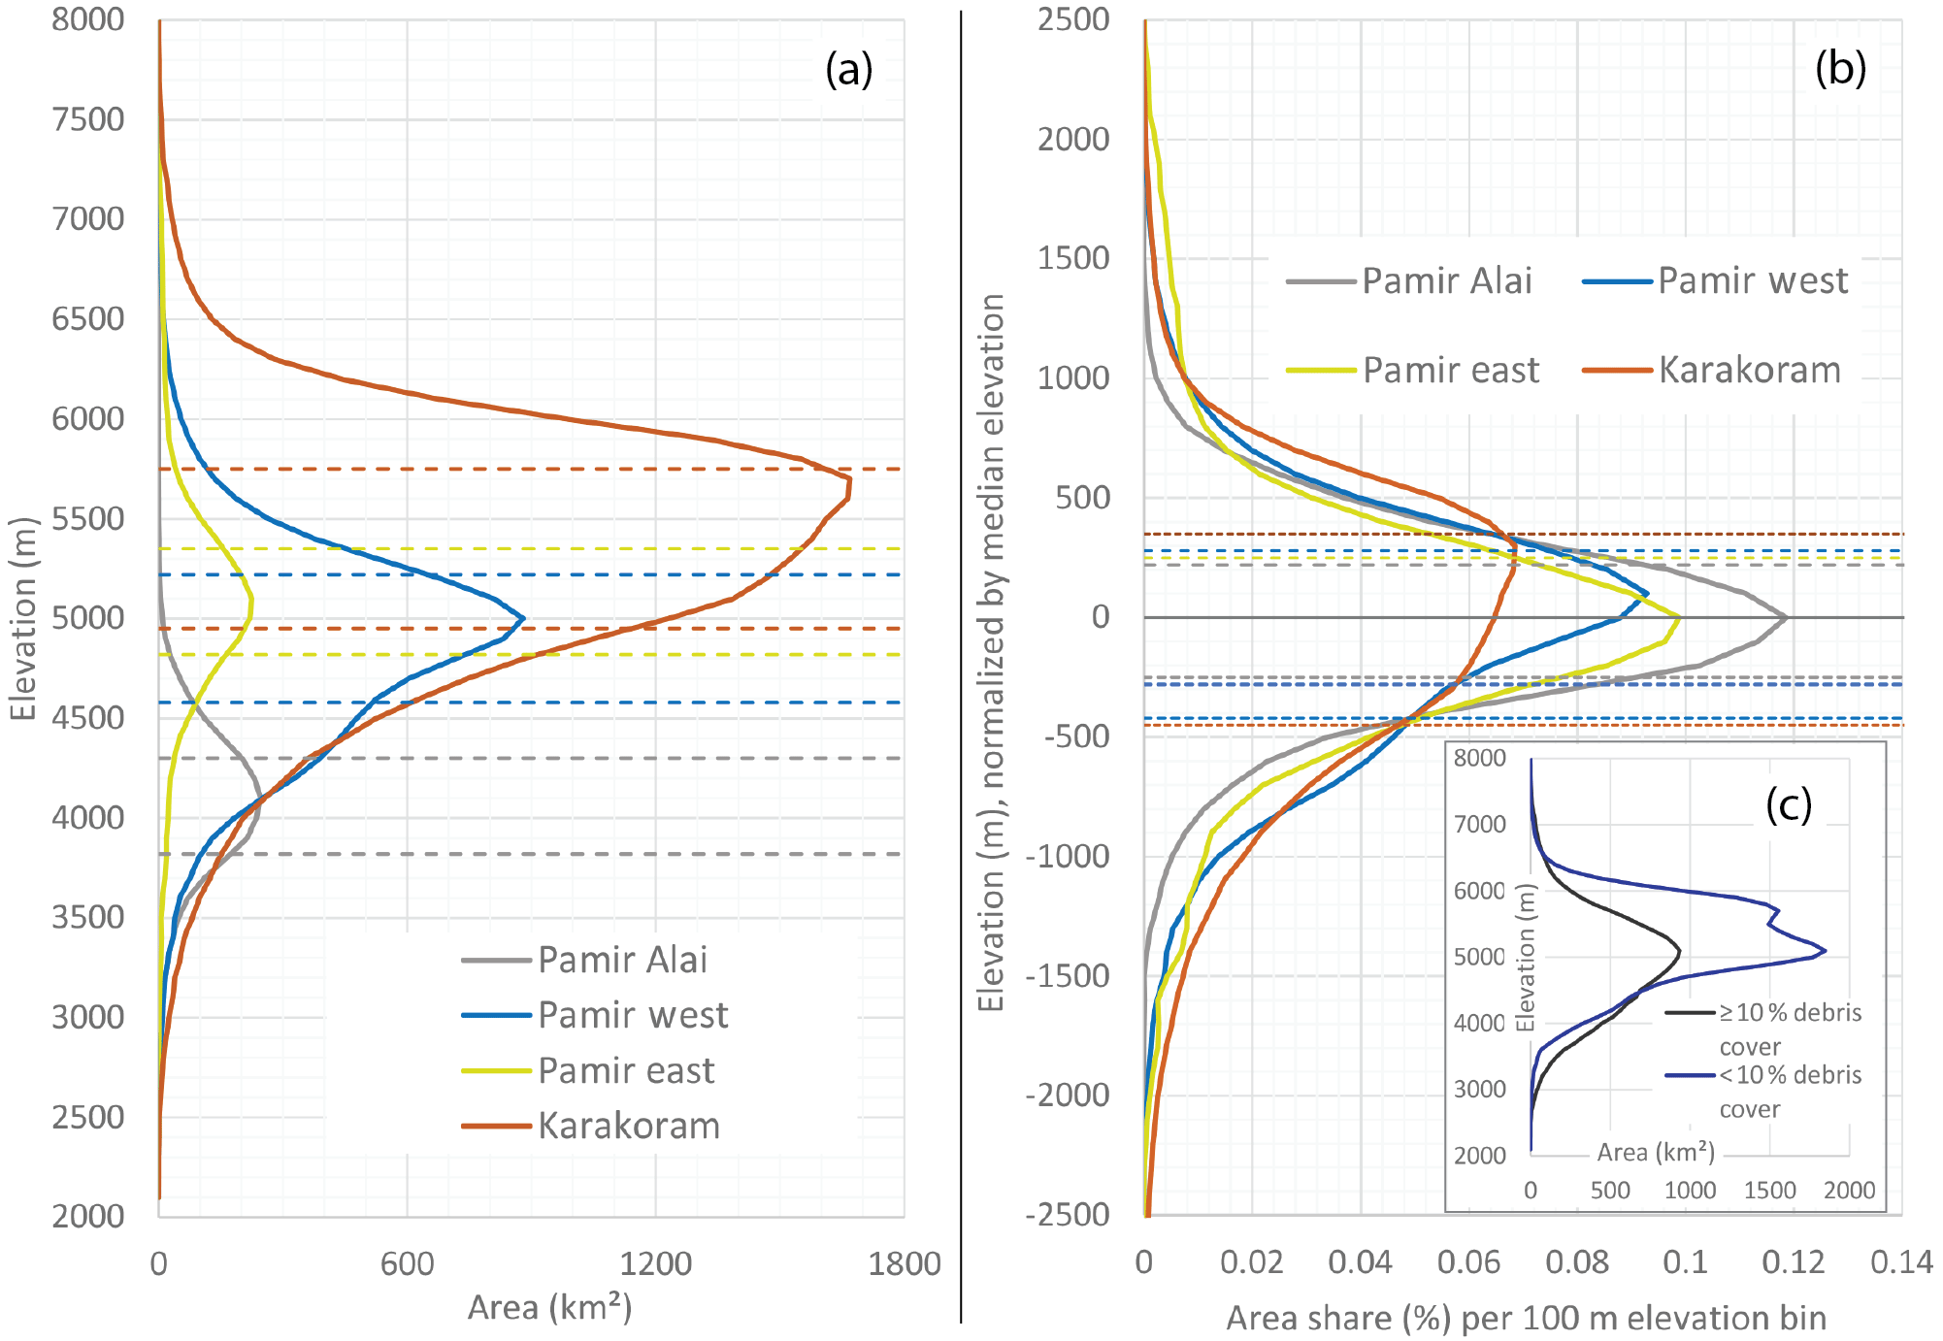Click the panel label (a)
pyautogui.click(x=848, y=70)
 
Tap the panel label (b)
pyautogui.click(x=1840, y=70)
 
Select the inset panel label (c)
pyautogui.click(x=1788, y=804)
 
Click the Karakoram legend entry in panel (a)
pyautogui.click(x=628, y=1126)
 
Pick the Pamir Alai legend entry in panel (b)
pyautogui.click(x=1446, y=281)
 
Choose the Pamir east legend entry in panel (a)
pyautogui.click(x=625, y=1070)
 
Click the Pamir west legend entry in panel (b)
pyautogui.click(x=1752, y=281)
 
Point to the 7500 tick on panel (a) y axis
pyautogui.click(x=88, y=119)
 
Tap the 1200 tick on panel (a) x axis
pyautogui.click(x=655, y=1263)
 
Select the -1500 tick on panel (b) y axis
pyautogui.click(x=1068, y=976)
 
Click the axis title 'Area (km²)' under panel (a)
pyautogui.click(x=549, y=1308)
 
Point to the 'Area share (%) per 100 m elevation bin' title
pyautogui.click(x=1526, y=1318)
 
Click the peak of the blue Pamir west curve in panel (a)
pyautogui.click(x=524, y=617)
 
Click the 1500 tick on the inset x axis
pyautogui.click(x=1769, y=1190)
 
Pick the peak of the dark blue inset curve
pyautogui.click(x=1826, y=951)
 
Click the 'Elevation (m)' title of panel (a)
pyautogui.click(x=23, y=618)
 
